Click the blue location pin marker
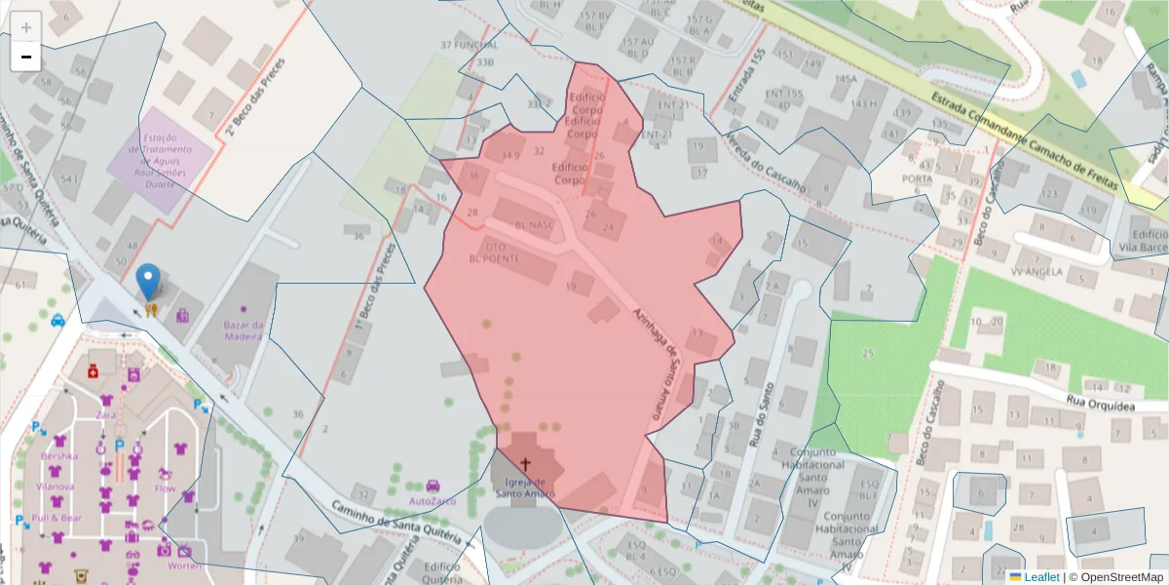[x=148, y=281]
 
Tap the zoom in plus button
[x=26, y=27]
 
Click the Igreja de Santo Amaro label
[x=525, y=487]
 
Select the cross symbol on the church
[x=526, y=465]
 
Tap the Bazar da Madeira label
[x=244, y=331]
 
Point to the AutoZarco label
[x=433, y=500]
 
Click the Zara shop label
[x=106, y=415]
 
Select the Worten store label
[x=184, y=565]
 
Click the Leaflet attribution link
[x=1041, y=577]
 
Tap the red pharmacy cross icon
[x=94, y=371]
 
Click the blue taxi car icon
[x=58, y=319]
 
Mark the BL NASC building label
[x=534, y=223]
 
